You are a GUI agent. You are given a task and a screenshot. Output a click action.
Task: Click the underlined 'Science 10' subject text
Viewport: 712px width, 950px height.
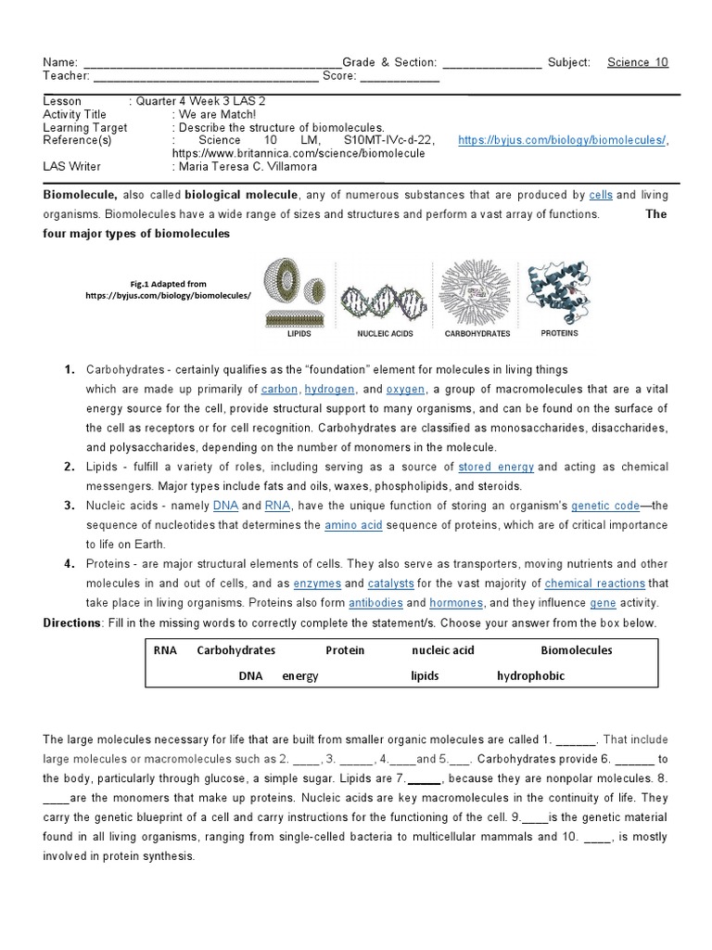pos(637,62)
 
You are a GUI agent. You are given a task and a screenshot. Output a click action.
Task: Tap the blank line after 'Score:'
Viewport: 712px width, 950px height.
pos(399,76)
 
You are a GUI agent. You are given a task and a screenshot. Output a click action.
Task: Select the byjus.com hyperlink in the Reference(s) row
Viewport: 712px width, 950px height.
pos(562,140)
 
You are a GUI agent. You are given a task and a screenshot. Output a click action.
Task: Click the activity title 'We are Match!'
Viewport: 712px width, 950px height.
pos(217,114)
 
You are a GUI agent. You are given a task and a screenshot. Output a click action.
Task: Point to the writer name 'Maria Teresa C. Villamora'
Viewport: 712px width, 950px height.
pos(244,166)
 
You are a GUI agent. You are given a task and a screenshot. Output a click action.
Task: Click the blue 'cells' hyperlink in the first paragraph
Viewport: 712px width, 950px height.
pos(601,195)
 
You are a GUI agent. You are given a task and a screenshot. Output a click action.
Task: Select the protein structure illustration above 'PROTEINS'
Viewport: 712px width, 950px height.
pos(559,293)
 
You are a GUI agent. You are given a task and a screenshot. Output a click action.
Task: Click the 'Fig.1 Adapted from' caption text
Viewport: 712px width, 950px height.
pos(169,284)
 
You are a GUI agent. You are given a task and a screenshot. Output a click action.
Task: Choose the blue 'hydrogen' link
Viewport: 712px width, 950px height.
pos(330,390)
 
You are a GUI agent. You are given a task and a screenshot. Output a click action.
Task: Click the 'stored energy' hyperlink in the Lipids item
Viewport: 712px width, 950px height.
pos(496,467)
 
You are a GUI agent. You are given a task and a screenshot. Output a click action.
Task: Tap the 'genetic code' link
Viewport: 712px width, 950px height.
pos(605,506)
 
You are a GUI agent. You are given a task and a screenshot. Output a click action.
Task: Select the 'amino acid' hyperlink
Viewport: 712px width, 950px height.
pos(353,525)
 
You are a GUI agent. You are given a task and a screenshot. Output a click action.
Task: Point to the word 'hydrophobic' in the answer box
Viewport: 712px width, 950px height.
pos(530,676)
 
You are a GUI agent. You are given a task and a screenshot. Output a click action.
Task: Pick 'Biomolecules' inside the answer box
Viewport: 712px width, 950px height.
pos(577,650)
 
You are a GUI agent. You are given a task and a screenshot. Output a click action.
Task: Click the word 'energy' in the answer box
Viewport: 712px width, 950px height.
pos(300,676)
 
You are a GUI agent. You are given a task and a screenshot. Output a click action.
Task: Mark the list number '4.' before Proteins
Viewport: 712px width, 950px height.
pos(69,564)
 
